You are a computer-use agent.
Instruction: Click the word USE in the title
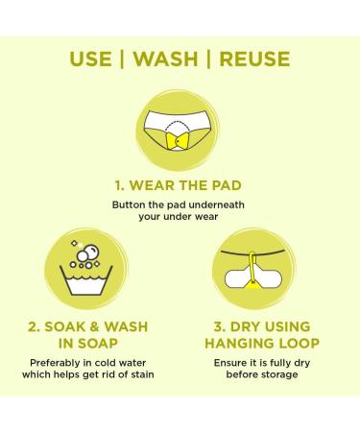click(90, 59)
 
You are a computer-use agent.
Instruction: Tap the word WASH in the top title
click(165, 59)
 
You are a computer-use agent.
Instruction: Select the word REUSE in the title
click(254, 59)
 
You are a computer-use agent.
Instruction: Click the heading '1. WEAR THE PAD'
click(179, 185)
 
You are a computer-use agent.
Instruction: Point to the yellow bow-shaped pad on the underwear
click(178, 140)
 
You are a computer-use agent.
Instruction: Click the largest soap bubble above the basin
click(92, 252)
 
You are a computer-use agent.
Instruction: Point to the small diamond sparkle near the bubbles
click(74, 244)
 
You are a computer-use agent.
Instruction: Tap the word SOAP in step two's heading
click(98, 344)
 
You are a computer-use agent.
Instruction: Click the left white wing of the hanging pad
click(236, 277)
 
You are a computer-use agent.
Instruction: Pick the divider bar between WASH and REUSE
click(209, 59)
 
